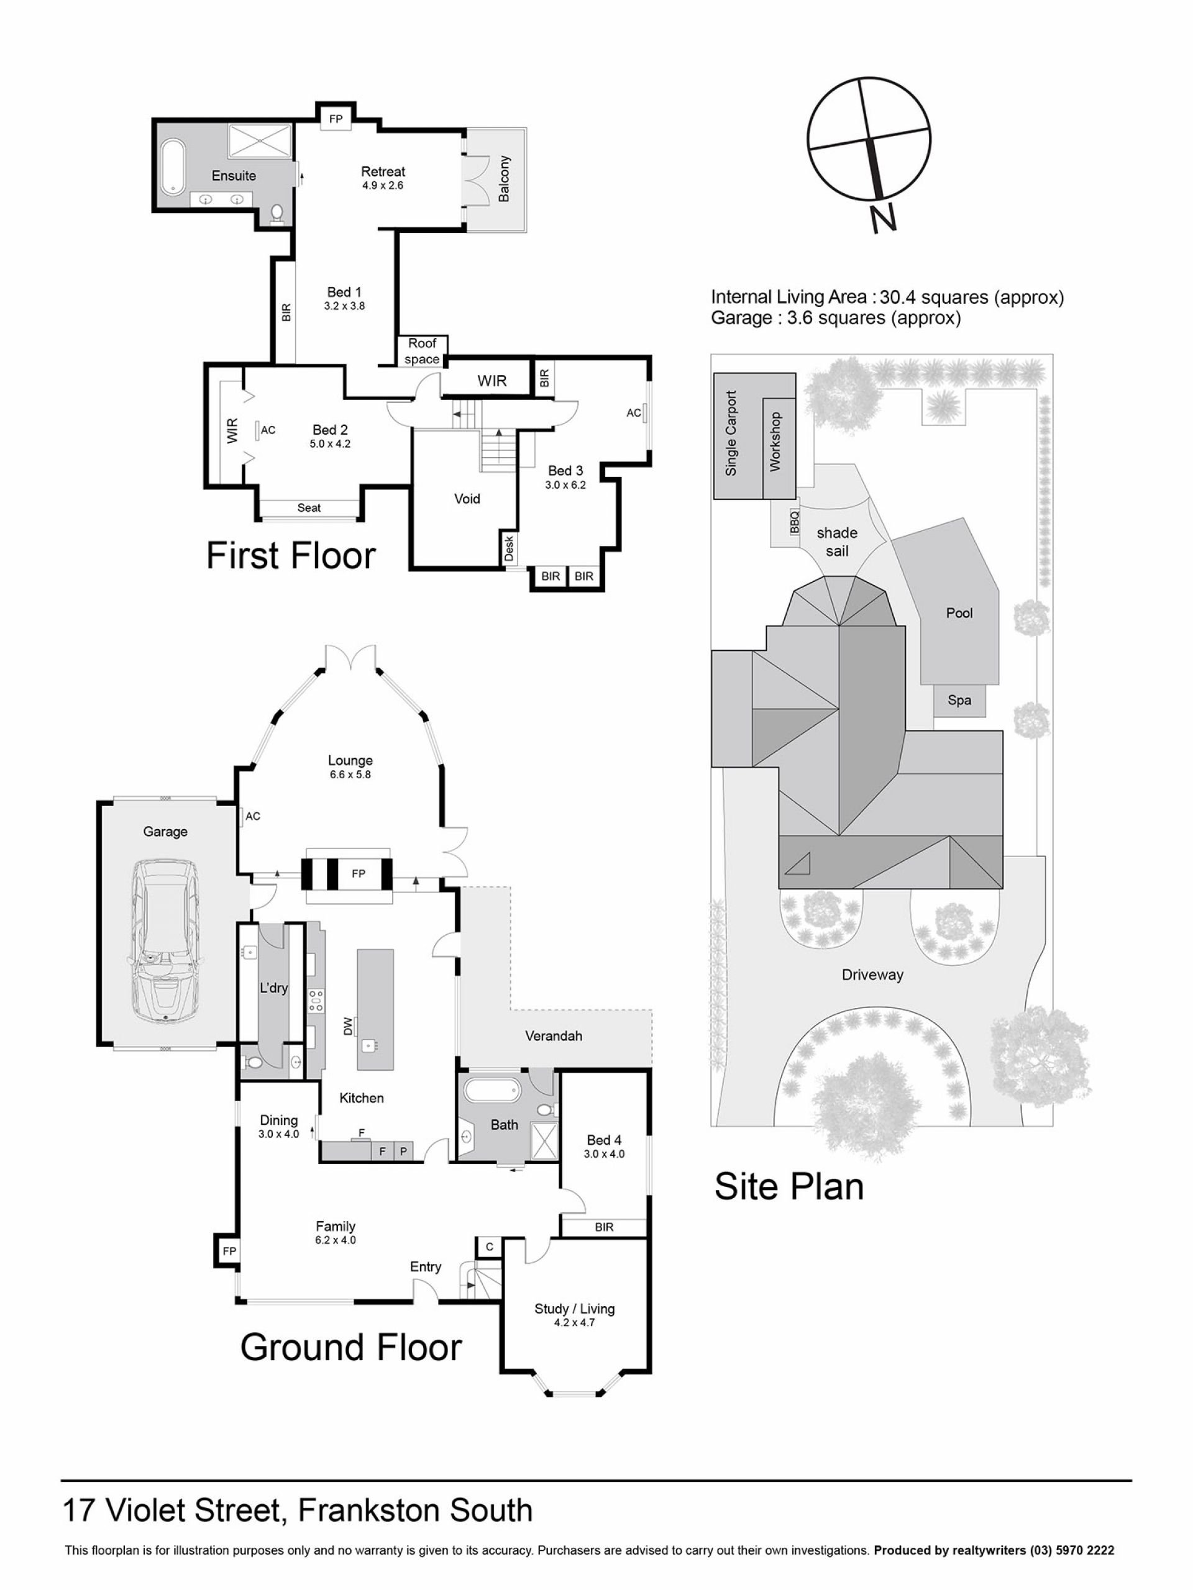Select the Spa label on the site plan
coord(959,700)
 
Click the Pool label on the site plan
coord(959,613)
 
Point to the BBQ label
coord(795,520)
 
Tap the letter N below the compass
coord(883,219)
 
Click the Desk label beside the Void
coord(509,548)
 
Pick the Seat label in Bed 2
coord(309,507)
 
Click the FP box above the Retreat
coord(336,119)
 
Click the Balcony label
coord(504,178)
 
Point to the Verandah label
coord(553,1036)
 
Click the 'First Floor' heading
coord(291,556)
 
